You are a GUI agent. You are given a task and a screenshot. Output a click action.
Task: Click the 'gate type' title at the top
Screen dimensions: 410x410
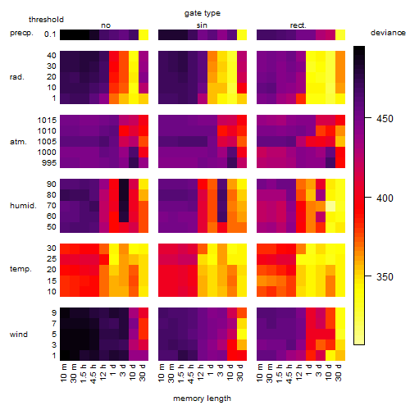coord(203,13)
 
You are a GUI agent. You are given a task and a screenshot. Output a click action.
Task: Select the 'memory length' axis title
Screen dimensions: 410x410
coord(202,399)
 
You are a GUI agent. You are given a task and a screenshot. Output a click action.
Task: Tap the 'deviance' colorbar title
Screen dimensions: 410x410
coord(388,33)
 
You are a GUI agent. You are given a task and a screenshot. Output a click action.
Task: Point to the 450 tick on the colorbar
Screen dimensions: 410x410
coord(368,118)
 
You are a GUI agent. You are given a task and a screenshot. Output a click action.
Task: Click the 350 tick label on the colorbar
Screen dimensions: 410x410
coord(385,276)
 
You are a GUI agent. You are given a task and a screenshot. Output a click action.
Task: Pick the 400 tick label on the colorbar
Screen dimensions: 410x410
coord(385,198)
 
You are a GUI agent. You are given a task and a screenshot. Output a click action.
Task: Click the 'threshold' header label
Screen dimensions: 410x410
coord(46,20)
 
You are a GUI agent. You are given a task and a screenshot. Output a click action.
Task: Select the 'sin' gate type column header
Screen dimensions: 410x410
coord(202,25)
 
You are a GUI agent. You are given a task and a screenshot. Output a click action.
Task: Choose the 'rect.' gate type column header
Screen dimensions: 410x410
coord(298,25)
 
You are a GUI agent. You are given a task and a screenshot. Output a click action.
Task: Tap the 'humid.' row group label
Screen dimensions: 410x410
coord(23,206)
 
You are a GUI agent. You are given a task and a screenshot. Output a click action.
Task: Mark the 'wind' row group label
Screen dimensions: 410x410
coord(19,335)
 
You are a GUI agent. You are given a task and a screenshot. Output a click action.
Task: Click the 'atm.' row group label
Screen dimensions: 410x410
coord(18,142)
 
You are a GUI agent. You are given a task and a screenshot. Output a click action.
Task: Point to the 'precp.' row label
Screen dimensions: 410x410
coord(21,33)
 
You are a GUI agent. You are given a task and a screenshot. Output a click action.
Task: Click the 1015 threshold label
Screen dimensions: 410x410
coord(47,120)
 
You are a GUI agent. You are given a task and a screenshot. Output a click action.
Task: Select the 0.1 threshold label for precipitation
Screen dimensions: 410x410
coord(50,34)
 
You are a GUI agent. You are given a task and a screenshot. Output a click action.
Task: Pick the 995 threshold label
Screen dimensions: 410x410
coord(49,163)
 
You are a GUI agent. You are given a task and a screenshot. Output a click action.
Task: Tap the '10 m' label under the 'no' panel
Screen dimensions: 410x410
coord(63,373)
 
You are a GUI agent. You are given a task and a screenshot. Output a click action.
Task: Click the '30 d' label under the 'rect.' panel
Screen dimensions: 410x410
coord(339,373)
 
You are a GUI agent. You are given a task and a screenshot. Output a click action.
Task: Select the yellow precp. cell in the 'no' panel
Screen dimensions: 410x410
coord(143,35)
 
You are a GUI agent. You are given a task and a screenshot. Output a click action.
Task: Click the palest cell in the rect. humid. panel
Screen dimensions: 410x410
coord(330,206)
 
